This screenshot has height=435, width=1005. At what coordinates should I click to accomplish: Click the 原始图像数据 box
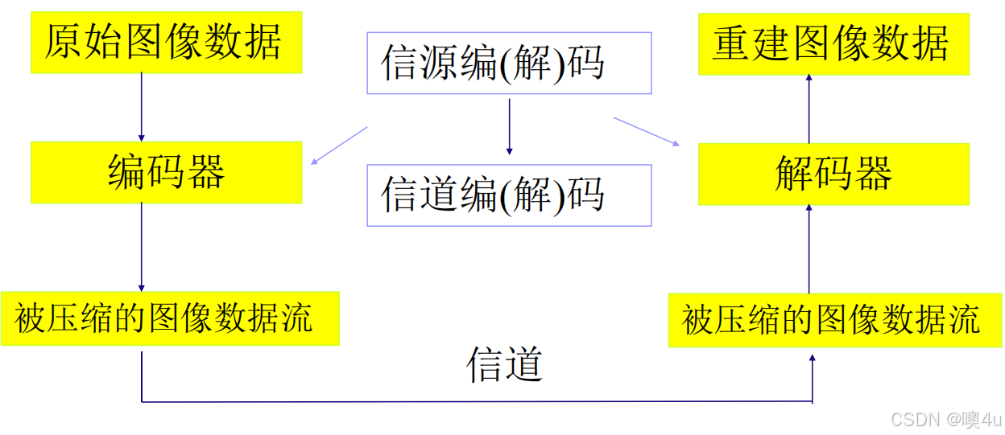[166, 43]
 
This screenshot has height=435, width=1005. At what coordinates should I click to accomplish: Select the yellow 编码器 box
[166, 172]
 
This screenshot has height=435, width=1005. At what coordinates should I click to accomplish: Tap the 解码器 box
[833, 174]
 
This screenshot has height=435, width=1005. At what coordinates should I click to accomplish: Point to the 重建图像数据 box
[833, 44]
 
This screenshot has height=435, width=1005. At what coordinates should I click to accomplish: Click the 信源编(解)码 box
[509, 63]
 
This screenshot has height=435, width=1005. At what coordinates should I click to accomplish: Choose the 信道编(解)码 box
[509, 195]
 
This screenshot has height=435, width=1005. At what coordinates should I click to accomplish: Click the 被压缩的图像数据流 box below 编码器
[169, 319]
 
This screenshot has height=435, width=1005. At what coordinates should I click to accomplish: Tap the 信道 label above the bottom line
[505, 364]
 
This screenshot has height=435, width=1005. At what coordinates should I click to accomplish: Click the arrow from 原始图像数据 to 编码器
[142, 107]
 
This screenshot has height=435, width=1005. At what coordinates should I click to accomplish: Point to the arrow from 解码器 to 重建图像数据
[809, 109]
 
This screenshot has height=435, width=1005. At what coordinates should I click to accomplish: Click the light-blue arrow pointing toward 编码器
[339, 146]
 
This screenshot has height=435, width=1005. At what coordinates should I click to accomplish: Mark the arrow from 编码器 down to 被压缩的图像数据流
[142, 246]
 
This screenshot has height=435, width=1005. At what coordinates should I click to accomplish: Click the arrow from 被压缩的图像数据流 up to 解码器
[809, 248]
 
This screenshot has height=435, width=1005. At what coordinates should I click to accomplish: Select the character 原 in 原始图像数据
[64, 43]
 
